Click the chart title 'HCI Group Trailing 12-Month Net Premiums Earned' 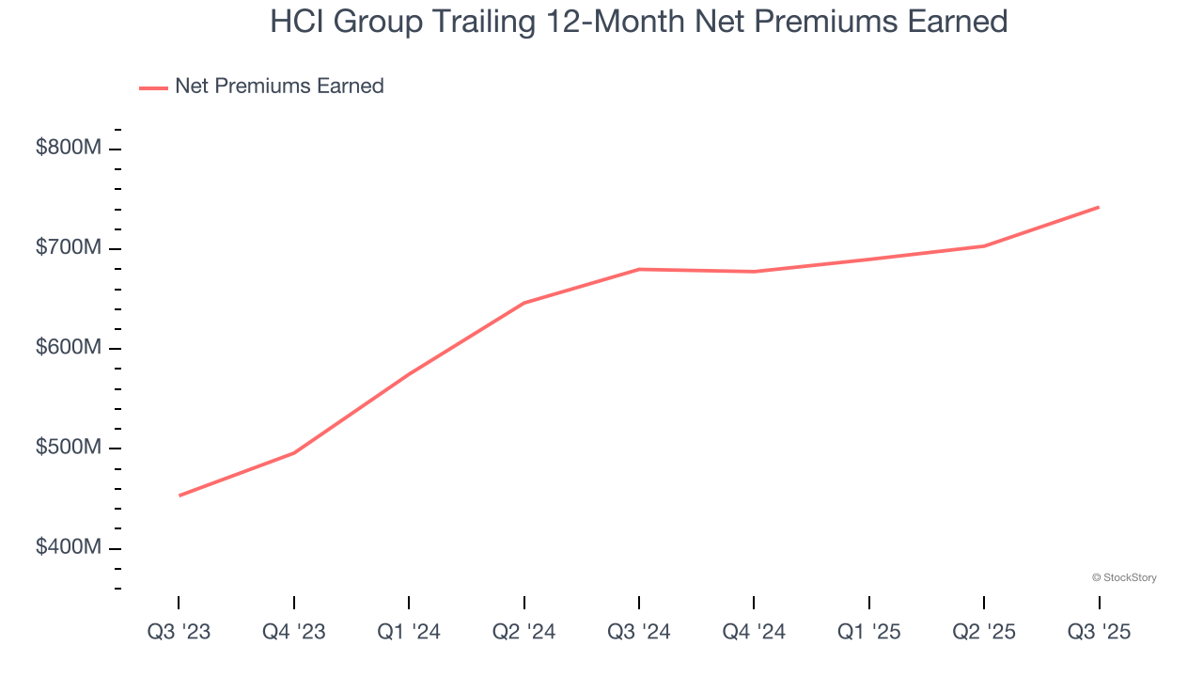pyautogui.click(x=639, y=22)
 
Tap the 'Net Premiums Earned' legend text pyautogui.click(x=279, y=87)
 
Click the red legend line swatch pyautogui.click(x=153, y=87)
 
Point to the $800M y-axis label pyautogui.click(x=69, y=149)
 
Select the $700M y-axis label pyautogui.click(x=69, y=248)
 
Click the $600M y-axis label pyautogui.click(x=69, y=348)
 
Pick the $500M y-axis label pyautogui.click(x=69, y=448)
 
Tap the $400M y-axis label pyautogui.click(x=69, y=547)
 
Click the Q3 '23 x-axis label pyautogui.click(x=179, y=632)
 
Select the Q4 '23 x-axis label pyautogui.click(x=294, y=632)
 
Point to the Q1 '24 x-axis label pyautogui.click(x=409, y=632)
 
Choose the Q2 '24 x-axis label pyautogui.click(x=524, y=632)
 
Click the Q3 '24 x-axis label pyautogui.click(x=639, y=632)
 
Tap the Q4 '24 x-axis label pyautogui.click(x=754, y=632)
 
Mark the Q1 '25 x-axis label pyautogui.click(x=869, y=632)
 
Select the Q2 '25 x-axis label pyautogui.click(x=984, y=632)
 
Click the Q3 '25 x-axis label pyautogui.click(x=1099, y=632)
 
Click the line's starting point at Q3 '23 pyautogui.click(x=180, y=496)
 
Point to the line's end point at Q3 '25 pyautogui.click(x=1099, y=207)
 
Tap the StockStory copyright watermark pyautogui.click(x=1124, y=577)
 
